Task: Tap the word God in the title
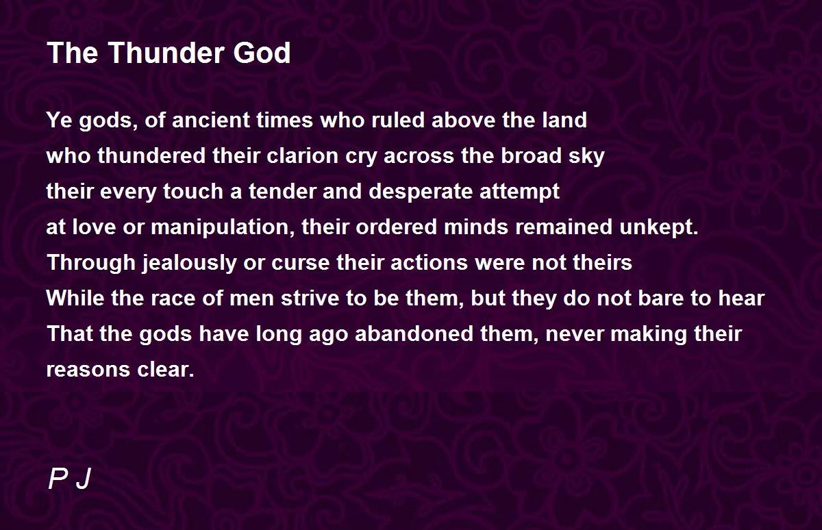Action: coord(262,53)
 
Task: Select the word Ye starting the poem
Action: coord(59,120)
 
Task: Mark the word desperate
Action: coord(420,192)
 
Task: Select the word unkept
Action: coord(659,227)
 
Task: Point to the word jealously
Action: coord(189,264)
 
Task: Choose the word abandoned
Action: coord(414,333)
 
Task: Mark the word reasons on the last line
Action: coord(88,370)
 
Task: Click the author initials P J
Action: coord(69,479)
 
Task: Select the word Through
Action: coord(91,264)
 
